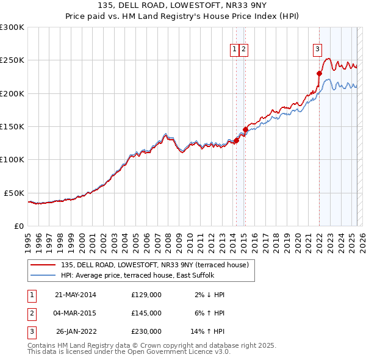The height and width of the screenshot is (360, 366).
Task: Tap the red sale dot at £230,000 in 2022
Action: [x=319, y=73]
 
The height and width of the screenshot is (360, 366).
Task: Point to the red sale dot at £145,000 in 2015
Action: [x=245, y=129]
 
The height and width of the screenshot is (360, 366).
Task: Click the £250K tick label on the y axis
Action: [x=12, y=60]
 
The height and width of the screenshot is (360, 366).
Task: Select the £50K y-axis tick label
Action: [x=15, y=193]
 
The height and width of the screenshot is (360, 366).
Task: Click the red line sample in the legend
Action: [x=43, y=265]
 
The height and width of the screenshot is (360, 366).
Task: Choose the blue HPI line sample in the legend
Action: [x=43, y=275]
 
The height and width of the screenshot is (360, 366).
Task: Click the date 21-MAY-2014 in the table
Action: [x=76, y=295]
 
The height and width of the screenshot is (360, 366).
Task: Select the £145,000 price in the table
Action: [x=146, y=313]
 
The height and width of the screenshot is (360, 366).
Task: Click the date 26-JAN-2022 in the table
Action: [x=76, y=331]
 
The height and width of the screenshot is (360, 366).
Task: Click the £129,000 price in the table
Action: [x=146, y=295]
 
